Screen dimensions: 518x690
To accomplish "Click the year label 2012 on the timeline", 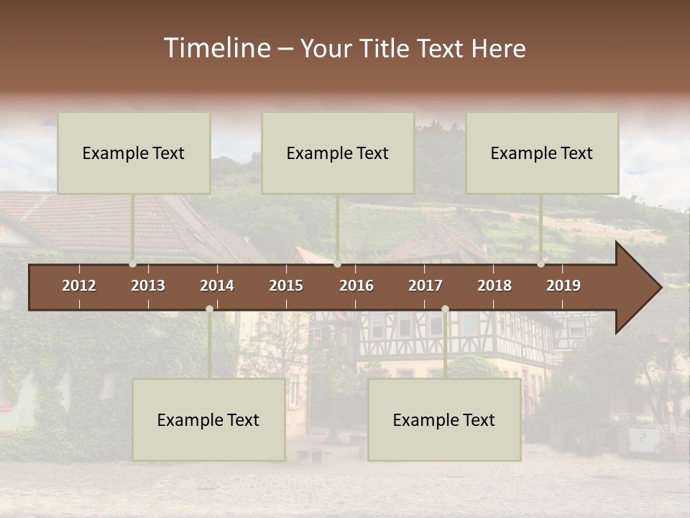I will click(79, 286).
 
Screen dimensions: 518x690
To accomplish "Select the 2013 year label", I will click(148, 286).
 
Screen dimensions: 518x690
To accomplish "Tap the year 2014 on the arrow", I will click(217, 286).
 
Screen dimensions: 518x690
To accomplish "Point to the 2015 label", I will click(286, 286).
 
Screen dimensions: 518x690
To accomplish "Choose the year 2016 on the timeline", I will click(356, 286).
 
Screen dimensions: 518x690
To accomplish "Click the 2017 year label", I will click(425, 286).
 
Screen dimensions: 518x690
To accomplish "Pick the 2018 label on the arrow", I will click(494, 286).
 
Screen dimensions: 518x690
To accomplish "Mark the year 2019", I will click(563, 286).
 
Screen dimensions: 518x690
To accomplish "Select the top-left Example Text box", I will click(134, 153).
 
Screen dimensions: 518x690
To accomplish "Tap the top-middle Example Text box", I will click(338, 153).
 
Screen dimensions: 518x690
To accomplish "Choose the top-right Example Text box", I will click(542, 153).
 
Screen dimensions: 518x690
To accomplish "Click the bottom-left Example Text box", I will click(208, 419).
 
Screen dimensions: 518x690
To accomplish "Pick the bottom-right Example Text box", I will click(444, 419).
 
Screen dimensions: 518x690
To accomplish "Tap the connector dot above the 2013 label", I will click(132, 263).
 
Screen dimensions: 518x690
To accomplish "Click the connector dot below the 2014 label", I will click(209, 309).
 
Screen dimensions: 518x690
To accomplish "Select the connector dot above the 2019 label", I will click(540, 263).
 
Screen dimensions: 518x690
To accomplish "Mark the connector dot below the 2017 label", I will click(445, 309).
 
